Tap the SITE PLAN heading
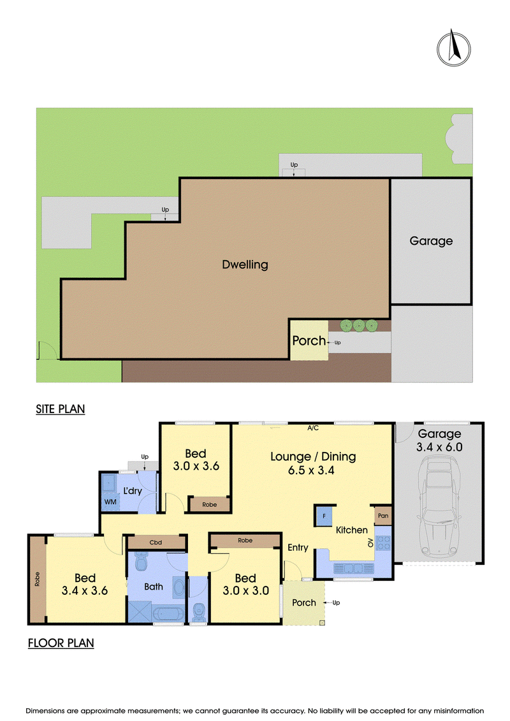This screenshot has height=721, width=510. point(60,409)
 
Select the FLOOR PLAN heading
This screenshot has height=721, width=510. point(61,643)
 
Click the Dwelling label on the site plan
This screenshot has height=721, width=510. point(245,265)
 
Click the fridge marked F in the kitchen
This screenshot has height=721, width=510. point(324,516)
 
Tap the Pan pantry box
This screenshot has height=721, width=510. point(383,516)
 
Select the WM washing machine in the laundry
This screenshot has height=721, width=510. point(110,502)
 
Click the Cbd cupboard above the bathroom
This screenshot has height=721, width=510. point(156,543)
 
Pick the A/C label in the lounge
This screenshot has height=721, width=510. point(313,428)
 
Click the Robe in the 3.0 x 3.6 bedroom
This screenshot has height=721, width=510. point(209,504)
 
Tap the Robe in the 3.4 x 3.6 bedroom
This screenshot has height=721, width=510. point(37,579)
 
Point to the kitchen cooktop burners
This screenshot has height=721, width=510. point(383,543)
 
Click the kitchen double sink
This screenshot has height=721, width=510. point(353,569)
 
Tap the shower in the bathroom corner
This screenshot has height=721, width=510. point(140,611)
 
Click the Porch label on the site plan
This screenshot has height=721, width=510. point(309,340)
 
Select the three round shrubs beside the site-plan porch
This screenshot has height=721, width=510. point(359,326)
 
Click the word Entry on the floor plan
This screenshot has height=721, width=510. point(298,548)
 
